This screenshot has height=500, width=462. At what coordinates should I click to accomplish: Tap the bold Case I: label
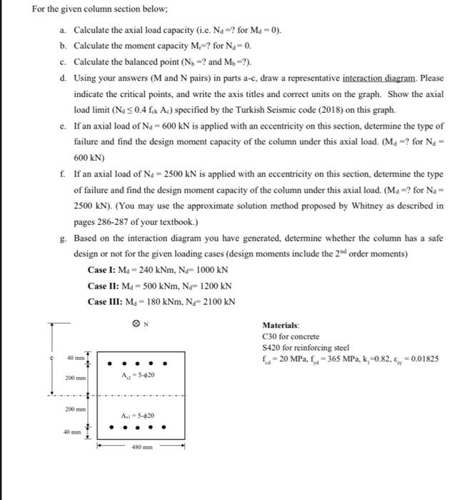tap(103, 270)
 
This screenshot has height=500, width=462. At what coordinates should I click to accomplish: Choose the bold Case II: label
tap(104, 286)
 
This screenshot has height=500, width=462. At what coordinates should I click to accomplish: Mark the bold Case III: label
tap(106, 301)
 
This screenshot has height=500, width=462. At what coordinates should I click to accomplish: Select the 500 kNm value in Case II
tap(151, 286)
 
